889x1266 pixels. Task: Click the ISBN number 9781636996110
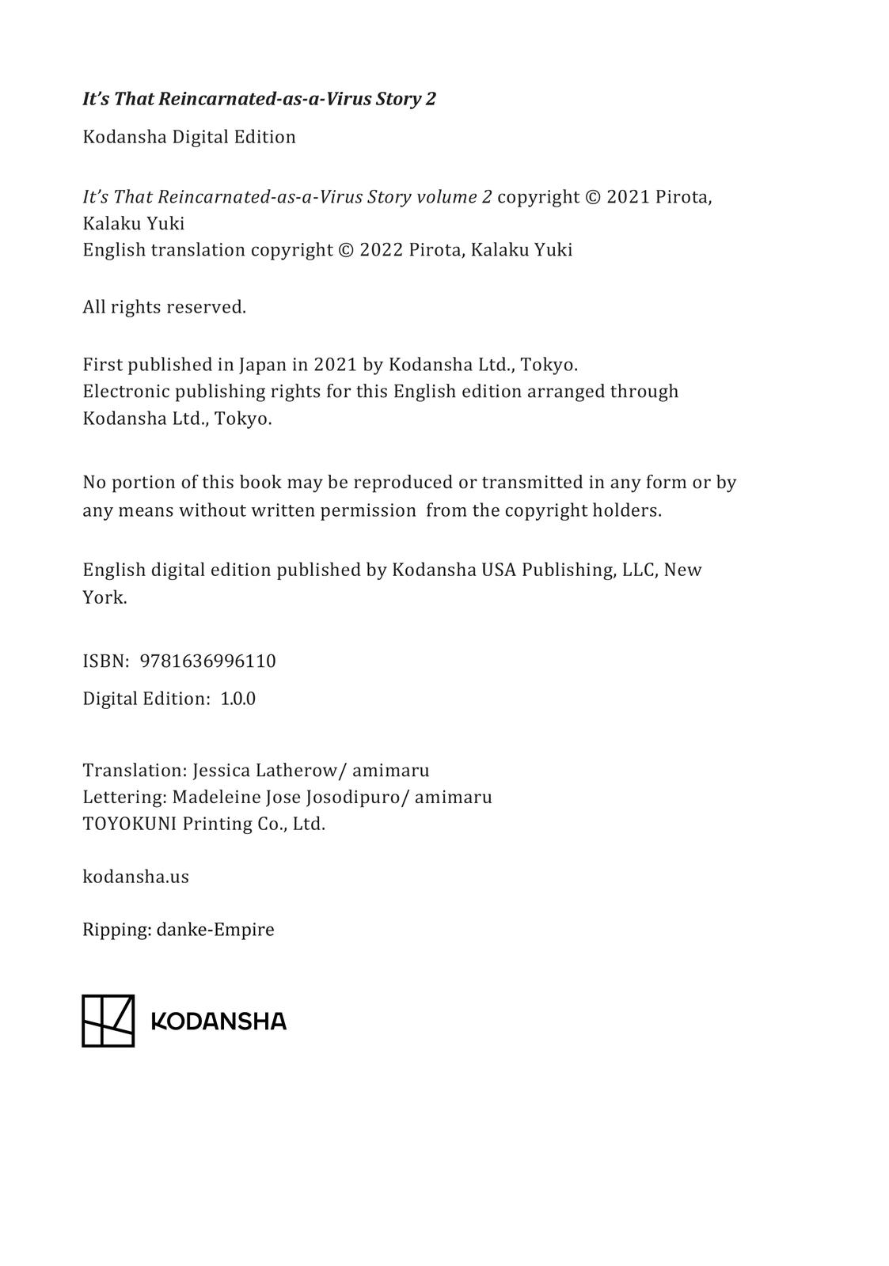pyautogui.click(x=207, y=661)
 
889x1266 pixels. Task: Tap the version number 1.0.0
pyautogui.click(x=237, y=699)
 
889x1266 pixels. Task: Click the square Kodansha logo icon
pyautogui.click(x=108, y=1021)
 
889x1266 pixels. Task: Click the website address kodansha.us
pyautogui.click(x=135, y=877)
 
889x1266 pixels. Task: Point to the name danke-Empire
pyautogui.click(x=215, y=930)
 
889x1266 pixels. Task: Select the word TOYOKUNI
pyautogui.click(x=130, y=824)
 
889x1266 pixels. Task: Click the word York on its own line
pyautogui.click(x=104, y=597)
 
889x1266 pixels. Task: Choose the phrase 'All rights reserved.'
pyautogui.click(x=165, y=307)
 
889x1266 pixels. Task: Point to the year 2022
pyautogui.click(x=381, y=250)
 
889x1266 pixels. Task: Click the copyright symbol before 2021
pyautogui.click(x=593, y=197)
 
